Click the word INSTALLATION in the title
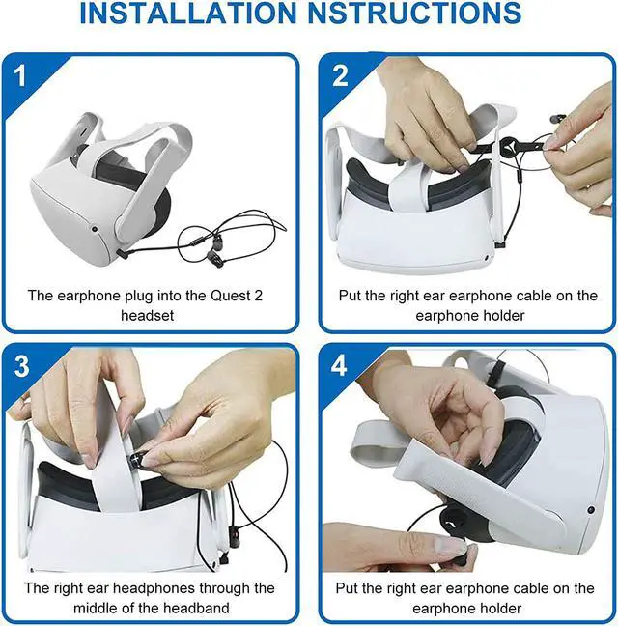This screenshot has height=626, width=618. pos(188,13)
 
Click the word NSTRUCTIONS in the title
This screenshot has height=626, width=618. pos(415,13)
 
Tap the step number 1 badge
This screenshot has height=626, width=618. pos(20,75)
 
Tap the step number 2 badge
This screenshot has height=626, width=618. pos(340,75)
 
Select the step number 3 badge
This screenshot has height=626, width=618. pos(21,365)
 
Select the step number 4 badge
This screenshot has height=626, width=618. pos(339,365)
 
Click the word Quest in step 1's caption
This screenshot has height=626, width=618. pos(229,296)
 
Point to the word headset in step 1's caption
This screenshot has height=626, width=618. pos(147,315)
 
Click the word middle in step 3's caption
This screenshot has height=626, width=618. pos(96,608)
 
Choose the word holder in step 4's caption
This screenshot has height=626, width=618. pos(501,608)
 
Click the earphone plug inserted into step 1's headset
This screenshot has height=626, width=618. pos(123,253)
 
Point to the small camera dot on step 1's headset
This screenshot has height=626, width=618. pos(95,229)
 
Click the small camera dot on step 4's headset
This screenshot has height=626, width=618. pos(591,509)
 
